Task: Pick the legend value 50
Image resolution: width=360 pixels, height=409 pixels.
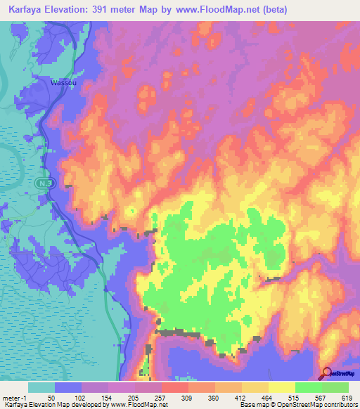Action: [51, 397]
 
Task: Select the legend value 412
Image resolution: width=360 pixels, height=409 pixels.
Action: [240, 397]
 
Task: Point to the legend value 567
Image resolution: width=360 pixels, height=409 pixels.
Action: [321, 397]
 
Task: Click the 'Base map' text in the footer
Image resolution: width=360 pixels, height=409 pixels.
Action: [252, 405]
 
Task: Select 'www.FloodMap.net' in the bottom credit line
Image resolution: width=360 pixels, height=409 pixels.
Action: [143, 405]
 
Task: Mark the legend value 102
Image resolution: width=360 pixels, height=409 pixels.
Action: [79, 397]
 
